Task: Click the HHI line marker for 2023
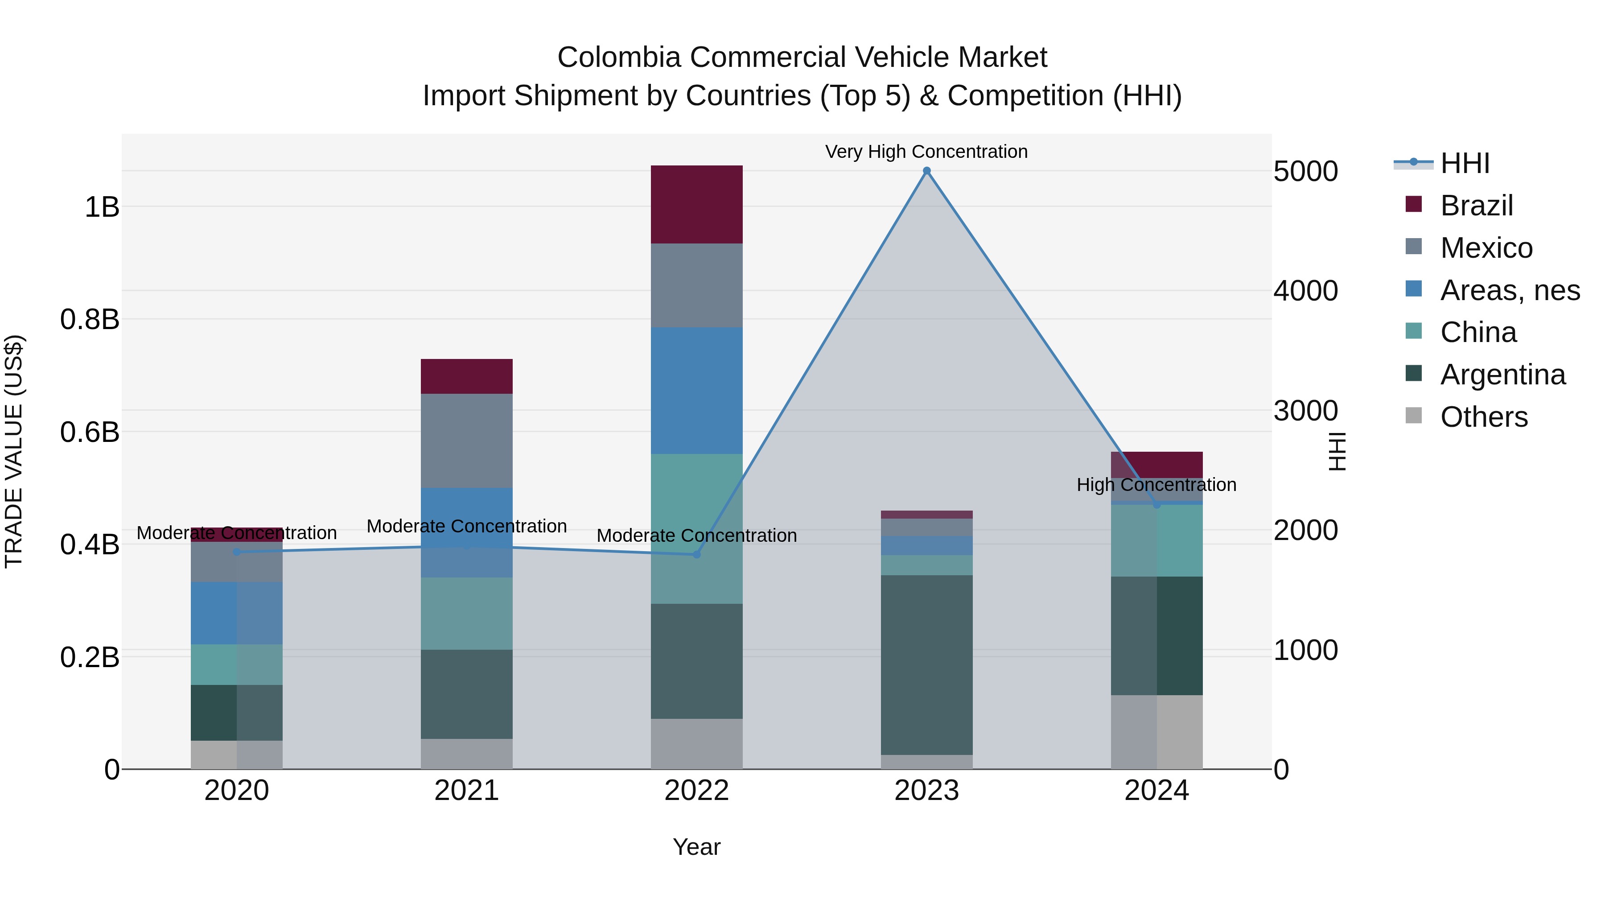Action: (x=926, y=171)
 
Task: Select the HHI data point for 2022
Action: (x=696, y=554)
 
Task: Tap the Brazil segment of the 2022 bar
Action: (x=696, y=204)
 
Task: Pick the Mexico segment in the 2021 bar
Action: (x=467, y=440)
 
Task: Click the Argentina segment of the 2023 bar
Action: (x=926, y=664)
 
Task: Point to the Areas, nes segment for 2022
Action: (x=696, y=390)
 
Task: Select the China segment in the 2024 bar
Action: (x=1157, y=540)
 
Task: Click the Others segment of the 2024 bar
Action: (x=1157, y=732)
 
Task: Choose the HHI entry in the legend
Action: (x=1464, y=163)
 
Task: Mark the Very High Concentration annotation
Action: (x=926, y=152)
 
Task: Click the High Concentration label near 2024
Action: (x=1156, y=484)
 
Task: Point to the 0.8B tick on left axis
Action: (x=90, y=319)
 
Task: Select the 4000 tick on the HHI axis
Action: (x=1305, y=291)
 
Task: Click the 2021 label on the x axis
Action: (x=467, y=791)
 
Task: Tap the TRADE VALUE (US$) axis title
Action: (x=14, y=451)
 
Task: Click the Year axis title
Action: (x=696, y=847)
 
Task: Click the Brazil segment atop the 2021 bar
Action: (x=467, y=376)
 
